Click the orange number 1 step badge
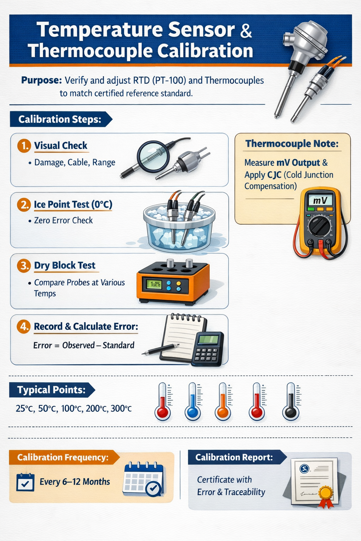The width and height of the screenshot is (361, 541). [24, 145]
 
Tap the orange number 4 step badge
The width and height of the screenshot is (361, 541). [24, 327]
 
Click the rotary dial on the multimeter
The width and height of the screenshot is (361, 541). [320, 226]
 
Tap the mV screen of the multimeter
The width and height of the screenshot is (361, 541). [320, 200]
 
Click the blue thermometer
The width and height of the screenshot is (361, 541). [193, 402]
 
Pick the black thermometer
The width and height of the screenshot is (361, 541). [291, 402]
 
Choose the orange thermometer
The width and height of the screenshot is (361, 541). [223, 402]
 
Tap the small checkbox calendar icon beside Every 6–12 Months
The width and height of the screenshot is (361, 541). [25, 482]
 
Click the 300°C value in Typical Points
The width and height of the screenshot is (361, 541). [121, 409]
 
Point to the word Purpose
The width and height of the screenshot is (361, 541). [42, 80]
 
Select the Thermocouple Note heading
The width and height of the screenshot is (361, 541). [292, 144]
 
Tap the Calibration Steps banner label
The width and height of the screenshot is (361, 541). [60, 119]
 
